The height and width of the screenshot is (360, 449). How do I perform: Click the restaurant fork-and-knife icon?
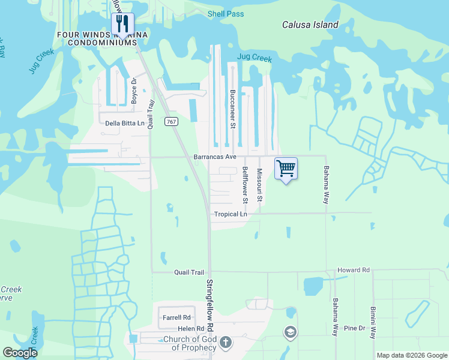point(122,23)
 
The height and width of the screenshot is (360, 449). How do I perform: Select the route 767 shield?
point(172,121)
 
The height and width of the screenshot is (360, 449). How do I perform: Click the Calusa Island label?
point(310,25)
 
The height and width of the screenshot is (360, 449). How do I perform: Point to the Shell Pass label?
point(226,14)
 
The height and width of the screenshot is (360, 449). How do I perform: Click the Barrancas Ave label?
point(213,157)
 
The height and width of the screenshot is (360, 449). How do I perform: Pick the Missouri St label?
point(260,185)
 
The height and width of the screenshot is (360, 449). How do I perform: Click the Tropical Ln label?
point(231,214)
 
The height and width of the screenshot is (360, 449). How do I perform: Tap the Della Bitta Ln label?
point(125,124)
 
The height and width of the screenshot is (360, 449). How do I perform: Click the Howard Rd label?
point(353,271)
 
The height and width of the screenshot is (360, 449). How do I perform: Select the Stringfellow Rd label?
point(210,305)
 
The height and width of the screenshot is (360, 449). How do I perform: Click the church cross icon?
point(226,343)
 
